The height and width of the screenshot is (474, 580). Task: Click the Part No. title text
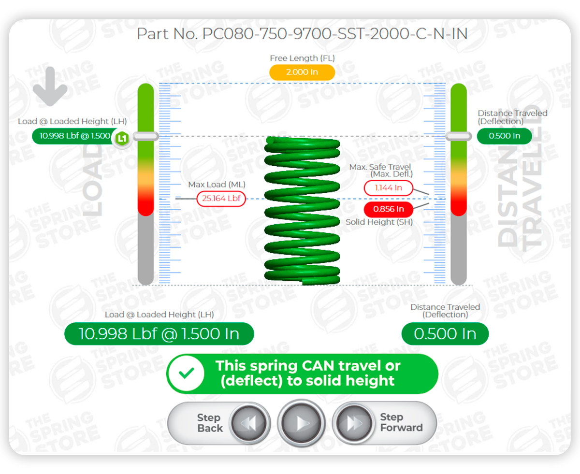pyautogui.click(x=302, y=35)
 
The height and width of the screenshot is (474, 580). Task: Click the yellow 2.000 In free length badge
pyautogui.click(x=302, y=72)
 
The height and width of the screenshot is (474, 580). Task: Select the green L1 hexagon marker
pyautogui.click(x=122, y=138)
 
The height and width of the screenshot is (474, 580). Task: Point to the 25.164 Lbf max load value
pyautogui.click(x=221, y=199)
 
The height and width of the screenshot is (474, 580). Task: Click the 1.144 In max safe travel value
pyautogui.click(x=389, y=188)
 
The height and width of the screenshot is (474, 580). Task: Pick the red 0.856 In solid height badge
pyautogui.click(x=389, y=209)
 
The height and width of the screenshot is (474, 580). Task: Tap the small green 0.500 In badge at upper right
pyautogui.click(x=504, y=136)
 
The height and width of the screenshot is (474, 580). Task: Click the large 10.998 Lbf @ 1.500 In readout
pyautogui.click(x=159, y=334)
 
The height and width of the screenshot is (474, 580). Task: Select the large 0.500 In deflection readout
pyautogui.click(x=445, y=334)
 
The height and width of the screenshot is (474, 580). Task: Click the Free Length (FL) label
pyautogui.click(x=302, y=58)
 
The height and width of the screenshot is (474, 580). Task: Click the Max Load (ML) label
pyautogui.click(x=217, y=184)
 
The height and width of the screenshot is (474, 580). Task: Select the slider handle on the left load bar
pyautogui.click(x=146, y=137)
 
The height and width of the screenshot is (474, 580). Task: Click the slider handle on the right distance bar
pyautogui.click(x=458, y=137)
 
